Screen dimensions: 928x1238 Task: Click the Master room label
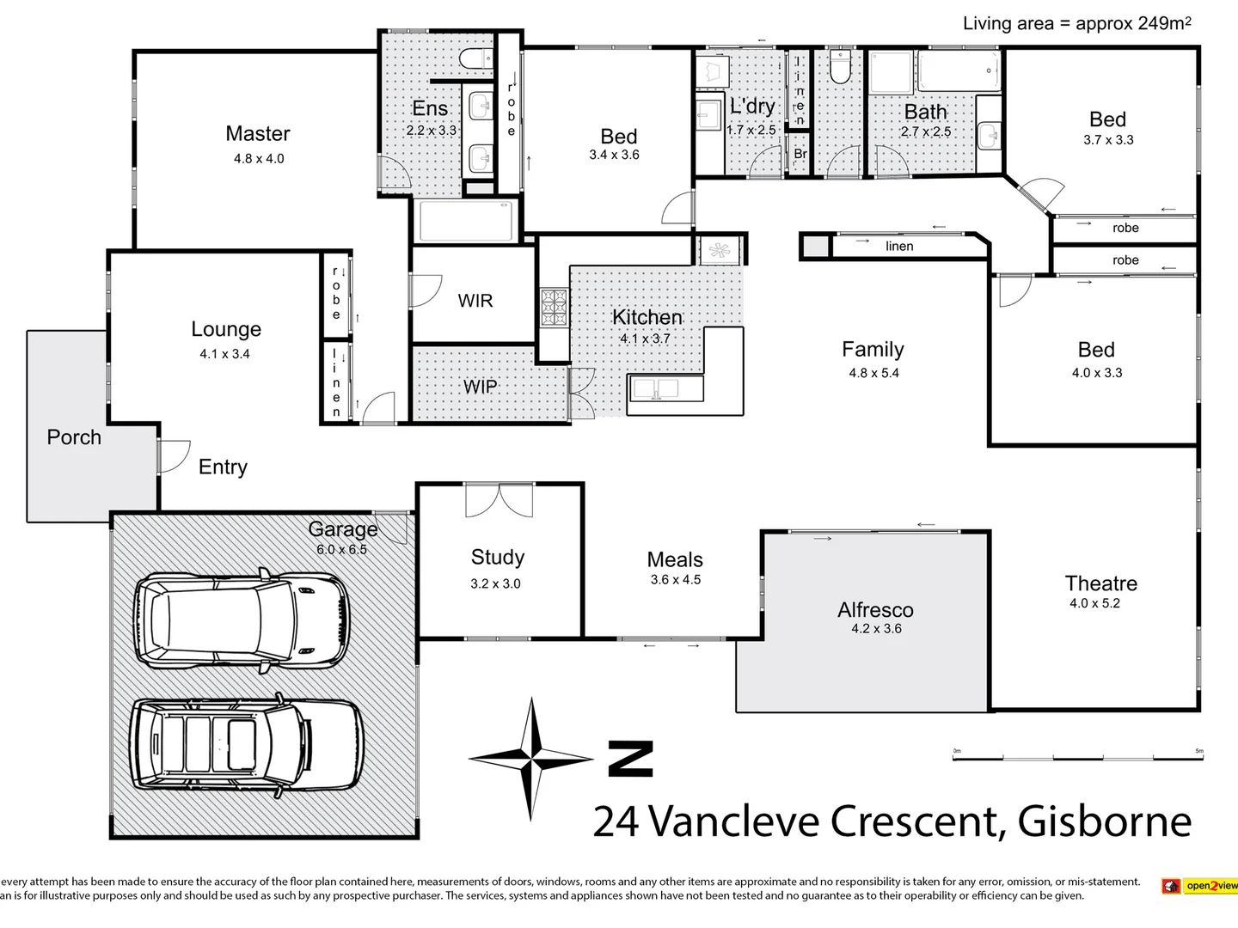coord(258,134)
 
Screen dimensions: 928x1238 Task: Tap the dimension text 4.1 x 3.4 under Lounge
coord(224,354)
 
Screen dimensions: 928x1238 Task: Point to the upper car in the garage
coord(242,618)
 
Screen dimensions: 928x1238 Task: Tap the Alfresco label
coord(875,610)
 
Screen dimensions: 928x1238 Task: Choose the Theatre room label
coord(1100,584)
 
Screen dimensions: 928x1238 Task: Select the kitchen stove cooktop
coord(554,308)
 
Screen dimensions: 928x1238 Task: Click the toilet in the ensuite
coord(475,59)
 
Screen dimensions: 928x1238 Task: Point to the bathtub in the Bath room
coord(959,70)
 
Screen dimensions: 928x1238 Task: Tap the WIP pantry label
coord(481,387)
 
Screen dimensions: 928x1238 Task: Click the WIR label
coord(475,301)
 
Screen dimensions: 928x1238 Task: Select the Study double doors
coord(499,499)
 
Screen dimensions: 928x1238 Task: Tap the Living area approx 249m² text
coord(1076,23)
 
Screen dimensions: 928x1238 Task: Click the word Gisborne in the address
coord(1105,821)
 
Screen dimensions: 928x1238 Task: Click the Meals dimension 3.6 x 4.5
coord(675,580)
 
